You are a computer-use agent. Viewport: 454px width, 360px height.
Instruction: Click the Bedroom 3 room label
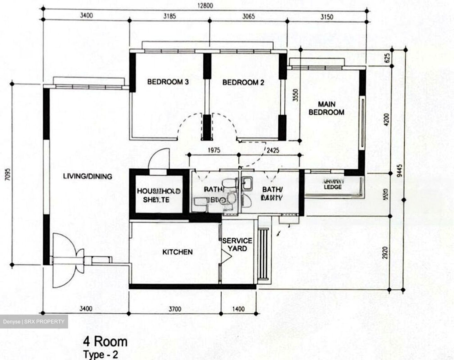point(168,82)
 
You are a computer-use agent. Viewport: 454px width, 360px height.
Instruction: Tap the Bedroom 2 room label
point(243,83)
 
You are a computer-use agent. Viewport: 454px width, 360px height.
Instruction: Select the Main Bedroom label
point(326,108)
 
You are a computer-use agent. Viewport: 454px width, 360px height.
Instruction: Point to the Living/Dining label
point(88,176)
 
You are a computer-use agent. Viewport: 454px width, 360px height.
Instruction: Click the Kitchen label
point(177,252)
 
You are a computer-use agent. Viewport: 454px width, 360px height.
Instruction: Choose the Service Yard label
point(237,245)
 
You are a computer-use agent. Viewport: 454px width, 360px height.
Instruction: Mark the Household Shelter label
point(158,195)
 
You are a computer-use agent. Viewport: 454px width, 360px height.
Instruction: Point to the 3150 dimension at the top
point(327,16)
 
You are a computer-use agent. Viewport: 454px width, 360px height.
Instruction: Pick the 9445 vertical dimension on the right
point(400,171)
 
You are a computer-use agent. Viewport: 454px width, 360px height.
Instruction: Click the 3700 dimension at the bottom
point(175,309)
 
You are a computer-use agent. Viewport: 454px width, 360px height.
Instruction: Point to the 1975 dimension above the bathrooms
point(214,150)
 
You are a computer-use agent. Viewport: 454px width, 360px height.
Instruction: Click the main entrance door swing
point(66,260)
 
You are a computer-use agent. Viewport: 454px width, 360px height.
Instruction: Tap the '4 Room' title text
point(105,341)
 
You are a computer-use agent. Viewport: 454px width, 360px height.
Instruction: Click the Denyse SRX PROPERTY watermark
point(34,322)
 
